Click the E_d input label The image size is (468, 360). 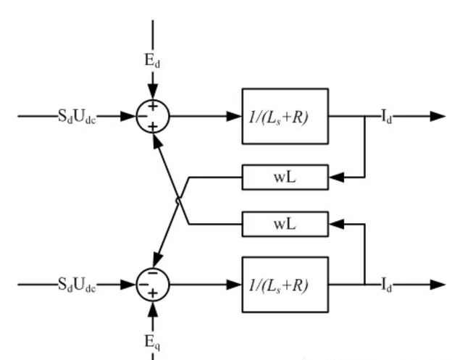point(152,61)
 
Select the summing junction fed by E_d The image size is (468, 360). point(152,116)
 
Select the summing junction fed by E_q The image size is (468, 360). point(152,284)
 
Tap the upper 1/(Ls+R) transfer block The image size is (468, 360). point(285,116)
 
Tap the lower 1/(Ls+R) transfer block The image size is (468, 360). point(285,285)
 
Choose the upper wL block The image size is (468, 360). point(285,177)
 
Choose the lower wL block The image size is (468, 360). point(285,225)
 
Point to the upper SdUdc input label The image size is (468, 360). point(77,116)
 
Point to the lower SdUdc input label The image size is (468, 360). point(77,285)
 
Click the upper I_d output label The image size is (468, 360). point(387,116)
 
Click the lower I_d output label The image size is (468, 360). point(387,285)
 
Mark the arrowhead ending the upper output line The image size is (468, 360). point(438,116)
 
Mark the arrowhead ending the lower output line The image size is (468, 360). point(438,285)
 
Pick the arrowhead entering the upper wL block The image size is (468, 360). point(336,177)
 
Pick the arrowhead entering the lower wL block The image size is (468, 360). point(336,225)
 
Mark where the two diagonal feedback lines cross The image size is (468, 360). point(178,200)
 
